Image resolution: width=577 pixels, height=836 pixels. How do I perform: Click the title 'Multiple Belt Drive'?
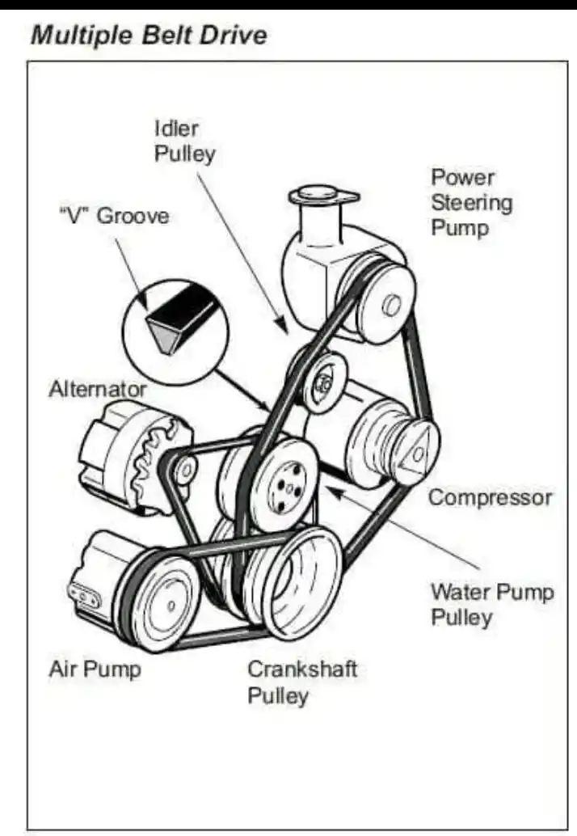(x=148, y=36)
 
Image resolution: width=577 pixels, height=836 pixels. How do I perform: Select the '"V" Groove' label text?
(x=114, y=216)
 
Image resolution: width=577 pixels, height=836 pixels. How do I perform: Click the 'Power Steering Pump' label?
(x=471, y=202)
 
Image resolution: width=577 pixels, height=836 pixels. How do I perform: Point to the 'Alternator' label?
(x=98, y=389)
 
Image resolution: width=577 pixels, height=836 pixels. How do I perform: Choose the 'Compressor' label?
(x=490, y=496)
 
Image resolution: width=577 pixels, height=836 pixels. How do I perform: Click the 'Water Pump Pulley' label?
(x=491, y=604)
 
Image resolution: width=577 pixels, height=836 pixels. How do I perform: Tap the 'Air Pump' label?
(x=95, y=669)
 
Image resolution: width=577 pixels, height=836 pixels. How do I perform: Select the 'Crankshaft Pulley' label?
(x=301, y=682)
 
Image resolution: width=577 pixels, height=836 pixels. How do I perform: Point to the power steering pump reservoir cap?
(x=322, y=196)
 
